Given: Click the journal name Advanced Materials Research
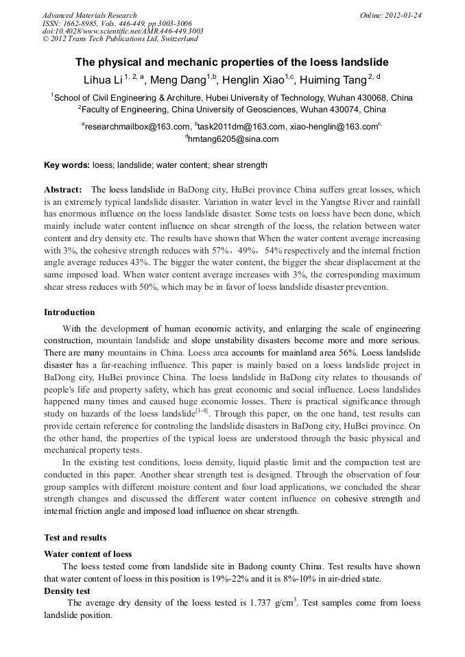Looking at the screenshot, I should pyautogui.click(x=89, y=15).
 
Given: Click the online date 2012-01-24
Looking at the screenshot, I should pyautogui.click(x=403, y=15).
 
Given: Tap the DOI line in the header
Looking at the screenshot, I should pyautogui.click(x=123, y=31).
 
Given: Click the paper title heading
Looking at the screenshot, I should pyautogui.click(x=232, y=61).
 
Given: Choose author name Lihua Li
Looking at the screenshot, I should pyautogui.click(x=102, y=79).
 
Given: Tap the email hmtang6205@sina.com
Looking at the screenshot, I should pyautogui.click(x=233, y=139).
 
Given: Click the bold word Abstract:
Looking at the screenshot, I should pyautogui.click(x=63, y=189).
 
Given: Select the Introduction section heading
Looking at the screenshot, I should pyautogui.click(x=69, y=312).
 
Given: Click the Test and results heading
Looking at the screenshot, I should pyautogui.click(x=75, y=538).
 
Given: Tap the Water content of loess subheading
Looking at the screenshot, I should pyautogui.click(x=88, y=554).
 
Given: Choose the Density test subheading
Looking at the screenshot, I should pyautogui.click(x=67, y=591).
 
